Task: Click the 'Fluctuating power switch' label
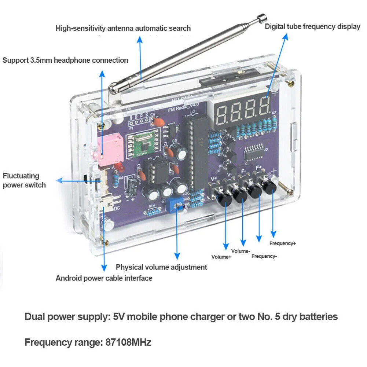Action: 24,180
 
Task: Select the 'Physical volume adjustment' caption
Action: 161,267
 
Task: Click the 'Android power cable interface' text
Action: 104,278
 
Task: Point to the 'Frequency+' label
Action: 282,243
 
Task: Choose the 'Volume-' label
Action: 241,251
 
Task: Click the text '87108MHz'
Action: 129,343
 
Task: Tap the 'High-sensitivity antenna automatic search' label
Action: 123,28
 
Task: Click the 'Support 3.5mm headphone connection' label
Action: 65,60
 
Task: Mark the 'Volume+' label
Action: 221,257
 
